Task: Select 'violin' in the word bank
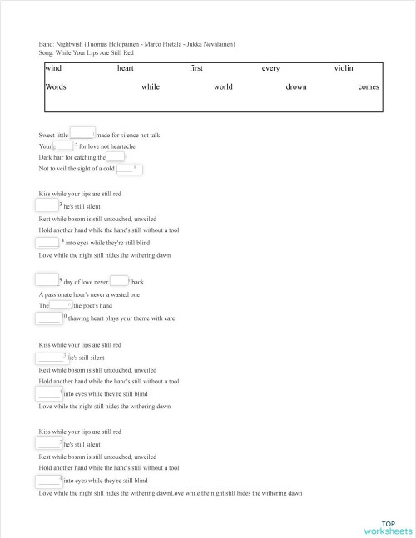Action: pos(344,69)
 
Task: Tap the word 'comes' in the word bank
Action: pos(368,86)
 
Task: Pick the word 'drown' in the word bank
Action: pos(296,86)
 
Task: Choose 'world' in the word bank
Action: pos(223,86)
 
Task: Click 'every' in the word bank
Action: pos(270,69)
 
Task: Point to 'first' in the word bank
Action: pos(197,69)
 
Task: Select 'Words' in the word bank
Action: pos(57,86)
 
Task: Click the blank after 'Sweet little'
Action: pos(82,133)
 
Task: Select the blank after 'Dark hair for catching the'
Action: pos(115,156)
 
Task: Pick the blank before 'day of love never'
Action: pos(47,280)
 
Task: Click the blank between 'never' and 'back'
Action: pos(119,280)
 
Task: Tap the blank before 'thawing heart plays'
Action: pos(50,318)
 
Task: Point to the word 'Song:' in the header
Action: pos(47,52)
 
